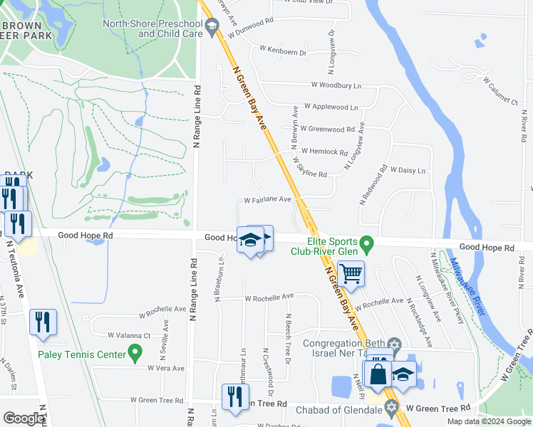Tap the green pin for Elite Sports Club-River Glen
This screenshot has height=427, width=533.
[x=367, y=245]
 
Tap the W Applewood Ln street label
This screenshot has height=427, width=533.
[x=331, y=106]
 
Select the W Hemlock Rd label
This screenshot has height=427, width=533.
[x=324, y=152]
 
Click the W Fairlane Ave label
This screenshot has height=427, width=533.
[x=268, y=200]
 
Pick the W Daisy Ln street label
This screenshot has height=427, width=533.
[x=408, y=171]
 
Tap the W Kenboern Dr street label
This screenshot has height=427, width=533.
[x=283, y=51]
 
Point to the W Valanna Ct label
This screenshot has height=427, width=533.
[x=129, y=335]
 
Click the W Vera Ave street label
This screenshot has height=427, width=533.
[x=166, y=368]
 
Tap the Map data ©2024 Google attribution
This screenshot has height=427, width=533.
[x=488, y=421]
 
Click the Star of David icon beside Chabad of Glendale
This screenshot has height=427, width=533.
[x=390, y=408]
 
